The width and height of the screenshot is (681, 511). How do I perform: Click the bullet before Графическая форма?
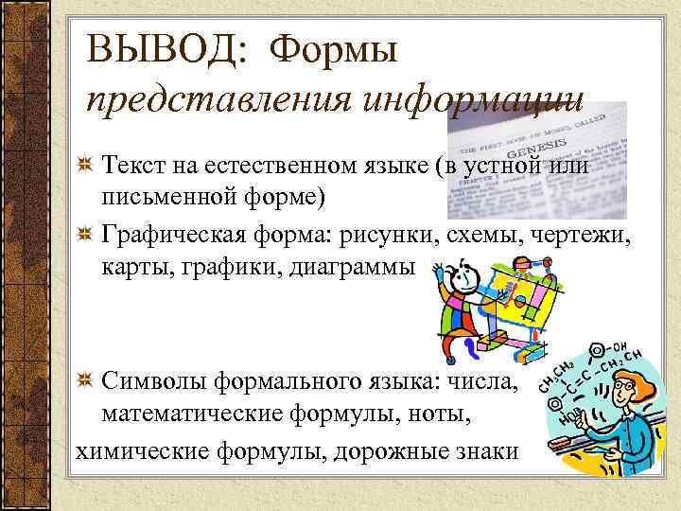(85, 234)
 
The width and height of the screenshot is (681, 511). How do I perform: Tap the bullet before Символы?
(85, 381)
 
